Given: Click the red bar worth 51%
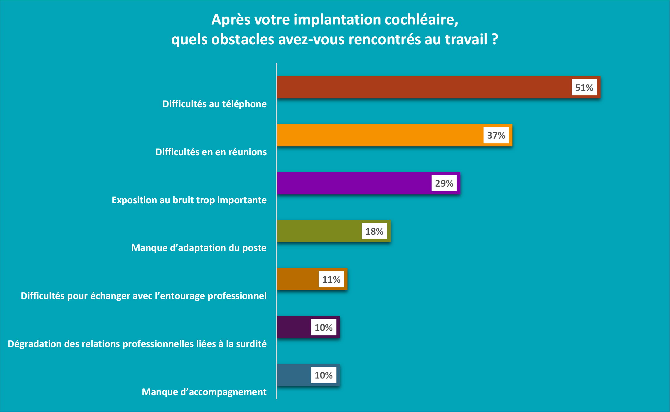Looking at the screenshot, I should pyautogui.click(x=423, y=87).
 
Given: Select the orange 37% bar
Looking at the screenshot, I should pyautogui.click(x=379, y=135).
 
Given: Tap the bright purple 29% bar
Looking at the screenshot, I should pyautogui.click(x=353, y=183).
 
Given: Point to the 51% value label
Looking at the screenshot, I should pyautogui.click(x=584, y=87).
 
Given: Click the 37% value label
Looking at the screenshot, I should pyautogui.click(x=496, y=135).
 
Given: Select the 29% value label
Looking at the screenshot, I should pyautogui.click(x=444, y=183).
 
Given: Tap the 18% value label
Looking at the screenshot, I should pyautogui.click(x=374, y=231).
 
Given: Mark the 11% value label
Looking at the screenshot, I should pyautogui.click(x=331, y=279).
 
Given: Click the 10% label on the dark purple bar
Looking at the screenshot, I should pyautogui.click(x=324, y=327).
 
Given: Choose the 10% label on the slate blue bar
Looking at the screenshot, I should pyautogui.click(x=324, y=375).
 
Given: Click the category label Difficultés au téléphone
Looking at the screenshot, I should pyautogui.click(x=214, y=104).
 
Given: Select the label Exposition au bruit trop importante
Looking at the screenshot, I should pyautogui.click(x=189, y=200).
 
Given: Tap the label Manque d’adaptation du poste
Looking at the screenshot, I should pyautogui.click(x=199, y=248).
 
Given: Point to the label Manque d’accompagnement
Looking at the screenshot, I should pyautogui.click(x=204, y=392).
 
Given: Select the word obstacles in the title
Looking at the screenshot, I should pyautogui.click(x=243, y=39).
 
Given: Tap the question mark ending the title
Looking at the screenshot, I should pyautogui.click(x=495, y=39).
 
